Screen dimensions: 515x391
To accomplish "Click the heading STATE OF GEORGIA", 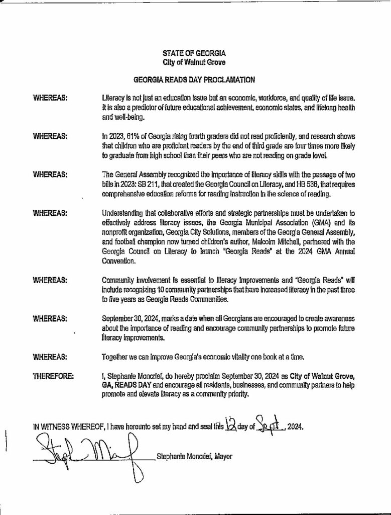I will click(195, 53).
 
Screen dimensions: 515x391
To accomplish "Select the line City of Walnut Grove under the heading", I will click(195, 62).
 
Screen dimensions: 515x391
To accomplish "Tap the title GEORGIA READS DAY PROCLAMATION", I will click(195, 79).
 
